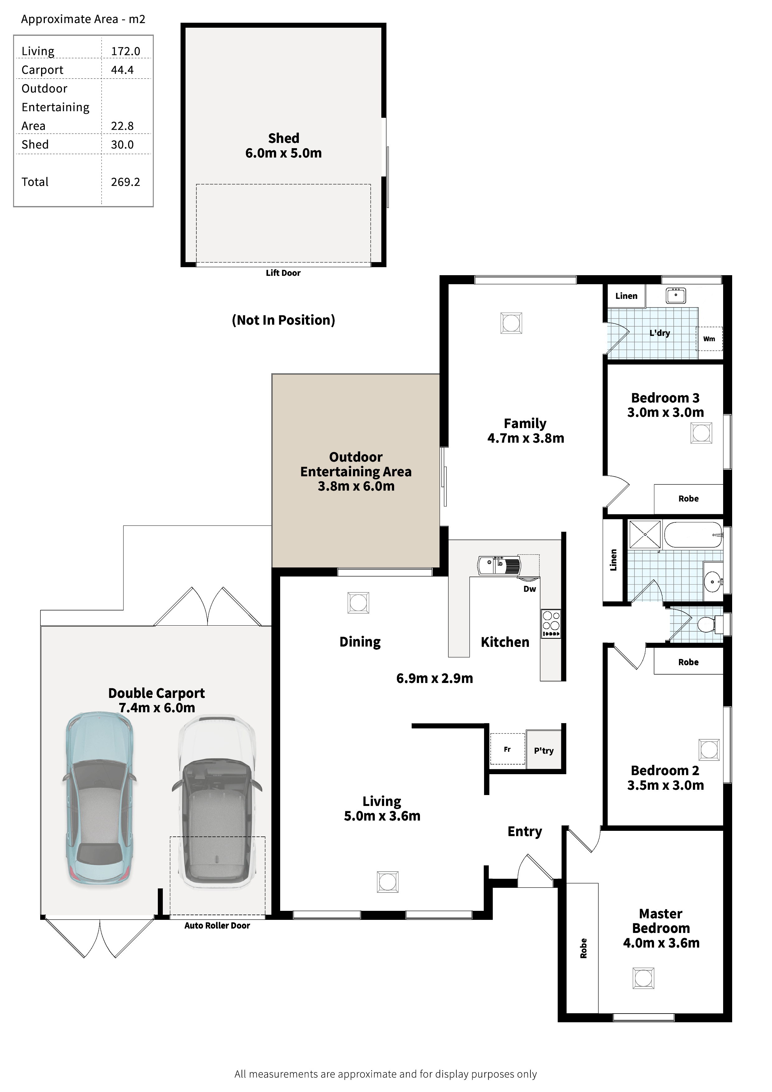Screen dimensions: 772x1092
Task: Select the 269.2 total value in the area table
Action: click(x=125, y=182)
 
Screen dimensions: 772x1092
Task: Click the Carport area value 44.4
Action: click(x=122, y=70)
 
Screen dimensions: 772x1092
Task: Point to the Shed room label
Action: click(x=284, y=139)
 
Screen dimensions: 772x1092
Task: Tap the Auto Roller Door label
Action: click(x=217, y=925)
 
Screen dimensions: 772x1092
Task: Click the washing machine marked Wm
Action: click(x=709, y=339)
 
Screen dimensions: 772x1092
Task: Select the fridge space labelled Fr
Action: click(x=507, y=749)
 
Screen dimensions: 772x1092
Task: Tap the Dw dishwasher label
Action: click(x=530, y=589)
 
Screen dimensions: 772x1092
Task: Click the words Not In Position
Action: click(x=284, y=320)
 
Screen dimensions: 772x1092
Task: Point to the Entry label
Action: click(x=525, y=832)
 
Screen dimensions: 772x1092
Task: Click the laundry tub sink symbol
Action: click(x=675, y=295)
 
